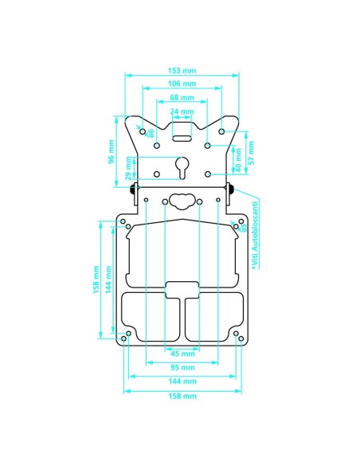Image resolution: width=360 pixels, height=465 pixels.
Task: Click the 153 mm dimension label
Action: coord(182,69)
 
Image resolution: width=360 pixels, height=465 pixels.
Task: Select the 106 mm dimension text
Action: coord(182,84)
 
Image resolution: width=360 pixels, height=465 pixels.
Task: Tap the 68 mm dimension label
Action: coord(182,97)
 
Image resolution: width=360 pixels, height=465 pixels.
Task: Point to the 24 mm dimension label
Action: coord(182,111)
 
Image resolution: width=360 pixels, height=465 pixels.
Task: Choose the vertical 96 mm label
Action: coord(112,151)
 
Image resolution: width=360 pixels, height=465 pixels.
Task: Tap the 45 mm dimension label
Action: coord(182,354)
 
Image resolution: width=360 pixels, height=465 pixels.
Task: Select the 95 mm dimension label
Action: coord(182,367)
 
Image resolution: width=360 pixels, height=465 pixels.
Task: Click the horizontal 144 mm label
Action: coord(182,381)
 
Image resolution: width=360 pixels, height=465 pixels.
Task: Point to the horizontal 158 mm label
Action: coord(182,396)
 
